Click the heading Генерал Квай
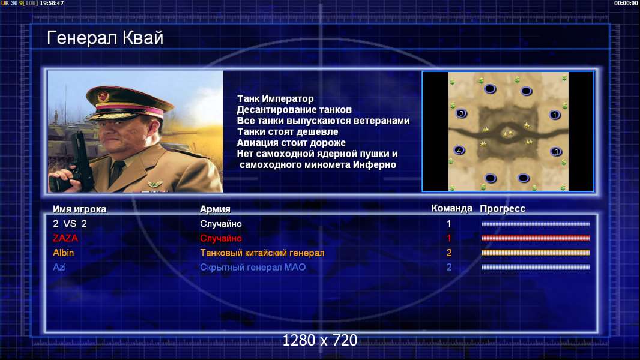[x=105, y=38]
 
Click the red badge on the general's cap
[x=104, y=96]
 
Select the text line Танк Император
[x=276, y=98]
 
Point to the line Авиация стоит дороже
[x=291, y=143]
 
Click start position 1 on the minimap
[x=554, y=115]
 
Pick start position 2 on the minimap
[x=461, y=113]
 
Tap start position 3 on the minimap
[x=555, y=152]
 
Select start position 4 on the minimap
[x=459, y=151]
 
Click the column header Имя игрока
[x=80, y=209]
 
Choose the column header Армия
[x=215, y=209]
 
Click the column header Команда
[x=452, y=208]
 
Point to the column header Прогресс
[x=503, y=208]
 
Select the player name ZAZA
[x=65, y=238]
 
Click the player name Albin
[x=63, y=253]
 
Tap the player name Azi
[x=59, y=267]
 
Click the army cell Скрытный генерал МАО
[x=253, y=268]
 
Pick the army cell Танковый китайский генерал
[x=262, y=253]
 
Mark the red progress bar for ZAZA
[x=536, y=238]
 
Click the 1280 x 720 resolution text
[x=320, y=340]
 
